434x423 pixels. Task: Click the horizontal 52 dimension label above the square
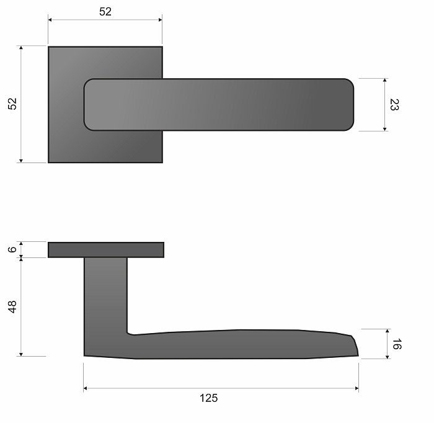(105, 12)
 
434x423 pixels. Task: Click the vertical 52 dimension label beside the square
(12, 104)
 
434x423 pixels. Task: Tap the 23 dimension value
(394, 105)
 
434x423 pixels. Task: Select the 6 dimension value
(12, 249)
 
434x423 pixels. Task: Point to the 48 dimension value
(12, 307)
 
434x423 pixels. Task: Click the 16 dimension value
(397, 344)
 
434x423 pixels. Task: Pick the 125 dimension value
(209, 398)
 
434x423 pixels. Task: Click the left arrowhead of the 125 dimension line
(86, 388)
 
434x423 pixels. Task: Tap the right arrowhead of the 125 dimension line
(356, 388)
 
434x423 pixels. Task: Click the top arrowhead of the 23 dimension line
(384, 80)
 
